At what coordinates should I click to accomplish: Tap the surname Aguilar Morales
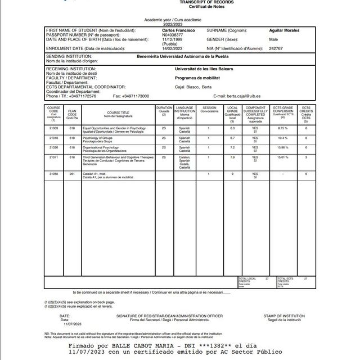(x=285, y=30)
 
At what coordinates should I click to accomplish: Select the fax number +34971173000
(x=136, y=96)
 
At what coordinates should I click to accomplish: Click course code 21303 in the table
(x=54, y=129)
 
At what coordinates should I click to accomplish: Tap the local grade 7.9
(x=232, y=157)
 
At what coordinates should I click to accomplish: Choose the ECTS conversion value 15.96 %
(x=283, y=147)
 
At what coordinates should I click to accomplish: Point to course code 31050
(x=54, y=174)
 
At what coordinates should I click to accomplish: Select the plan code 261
(x=72, y=174)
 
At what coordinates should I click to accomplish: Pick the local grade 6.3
(x=232, y=129)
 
